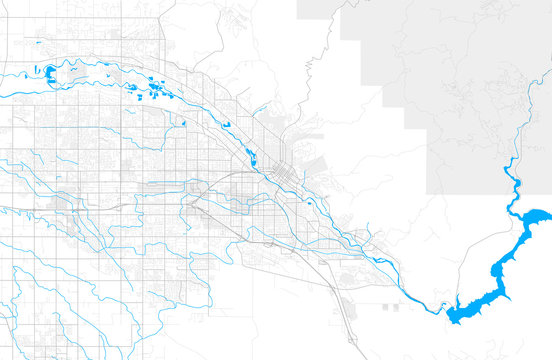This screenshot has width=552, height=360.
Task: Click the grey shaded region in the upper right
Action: [470, 90]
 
